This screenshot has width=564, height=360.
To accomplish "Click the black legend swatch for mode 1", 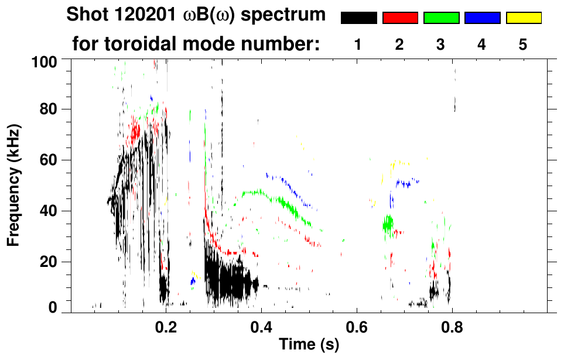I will pos(358,18).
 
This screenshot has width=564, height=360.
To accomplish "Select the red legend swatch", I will pos(400,18).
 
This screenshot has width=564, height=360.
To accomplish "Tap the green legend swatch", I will pos(441,18).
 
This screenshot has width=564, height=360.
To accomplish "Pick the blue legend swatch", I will pos(482,18).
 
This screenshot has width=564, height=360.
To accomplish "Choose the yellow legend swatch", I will pos(524,18).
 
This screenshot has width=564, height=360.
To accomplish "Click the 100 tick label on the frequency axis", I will pos(44,61).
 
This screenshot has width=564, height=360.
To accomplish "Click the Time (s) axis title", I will pos(308,345).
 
